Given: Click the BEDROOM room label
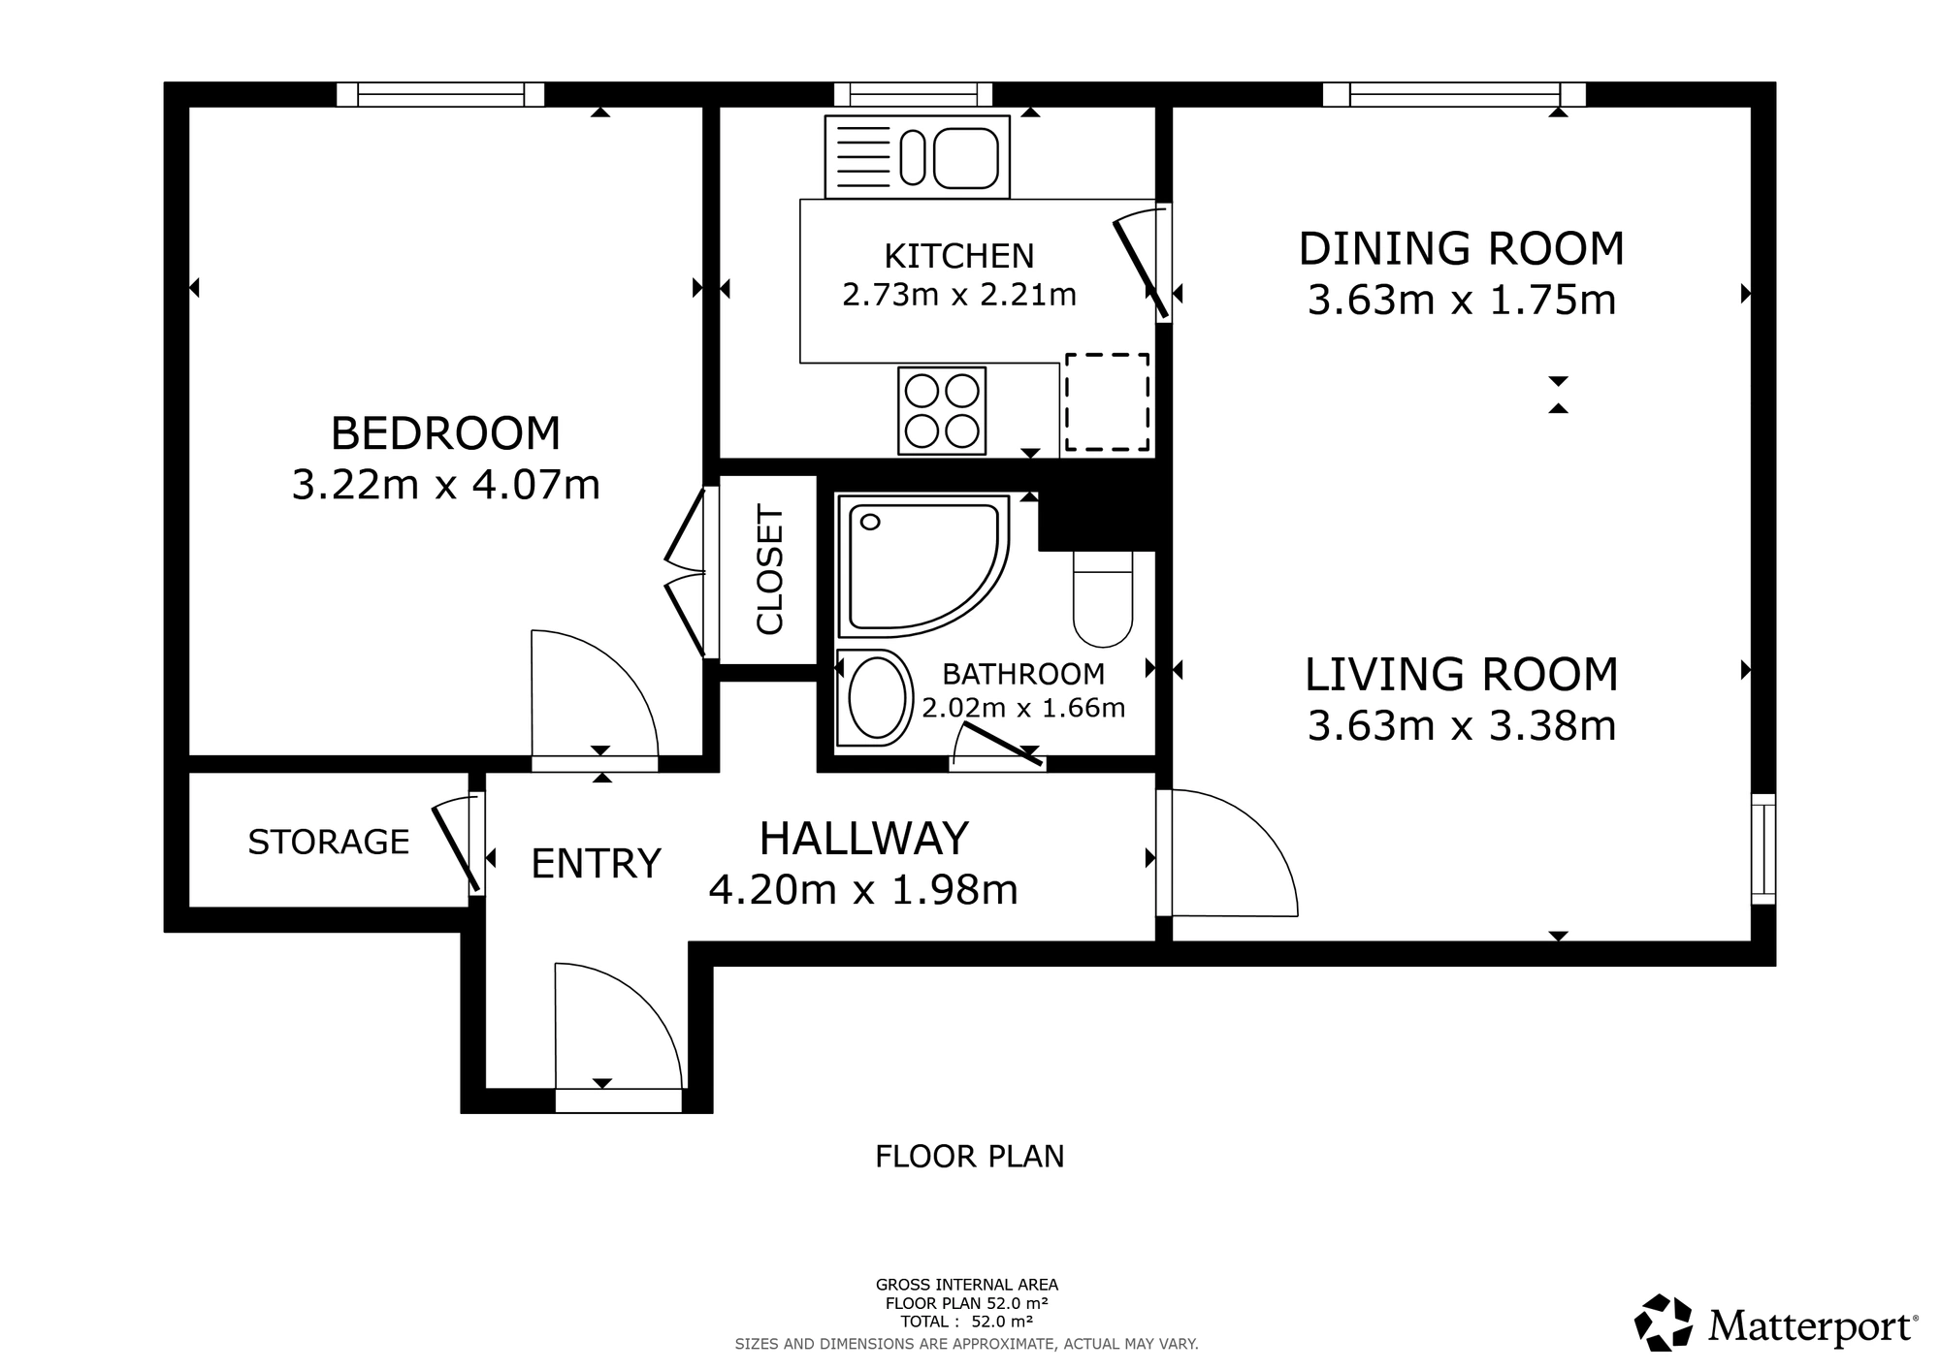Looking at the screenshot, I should coord(445,433).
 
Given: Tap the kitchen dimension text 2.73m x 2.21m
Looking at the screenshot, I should coord(958,294).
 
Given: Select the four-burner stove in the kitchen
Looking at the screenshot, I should coord(941,410).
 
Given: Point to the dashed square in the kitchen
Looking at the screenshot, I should coord(1107,401).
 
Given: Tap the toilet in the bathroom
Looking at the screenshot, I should coord(1103,599).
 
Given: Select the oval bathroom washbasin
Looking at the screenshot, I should coord(876,698).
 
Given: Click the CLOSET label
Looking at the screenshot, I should coord(769,570).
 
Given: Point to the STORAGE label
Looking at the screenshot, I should coord(328,842).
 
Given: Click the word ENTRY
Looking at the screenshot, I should coord(596,863).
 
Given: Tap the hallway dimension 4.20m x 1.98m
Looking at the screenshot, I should coord(862,889).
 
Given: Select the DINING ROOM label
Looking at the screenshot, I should coord(1461,249).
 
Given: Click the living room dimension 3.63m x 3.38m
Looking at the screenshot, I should coord(1461,726).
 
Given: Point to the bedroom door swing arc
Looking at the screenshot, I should coord(601,684).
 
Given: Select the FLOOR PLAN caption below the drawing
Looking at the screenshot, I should coord(969,1157).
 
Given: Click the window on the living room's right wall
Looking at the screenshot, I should coord(1762,848).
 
